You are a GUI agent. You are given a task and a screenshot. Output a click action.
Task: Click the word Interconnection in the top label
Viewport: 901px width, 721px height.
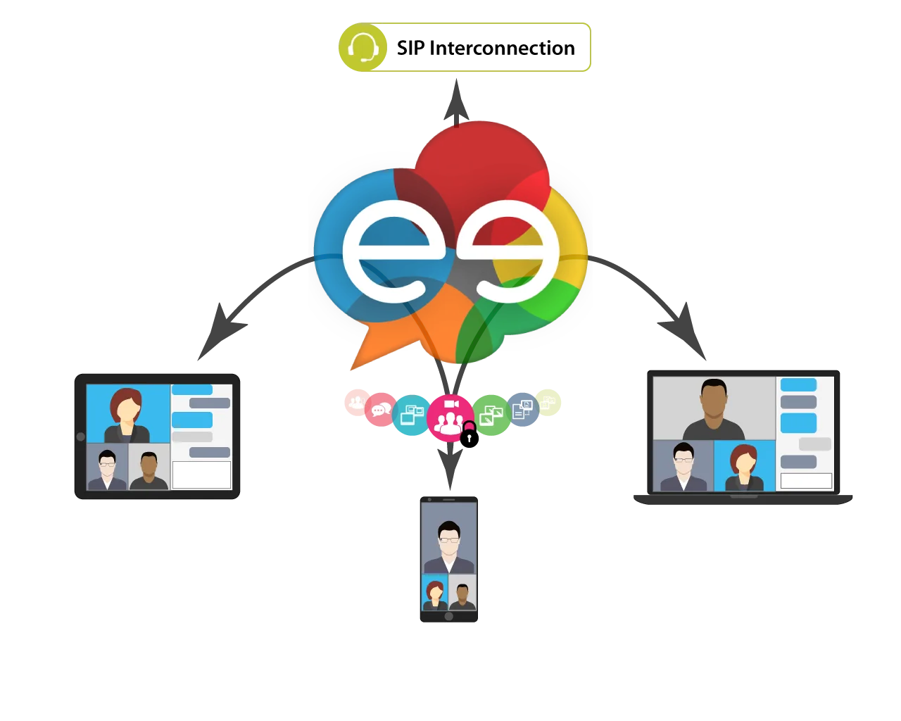point(502,48)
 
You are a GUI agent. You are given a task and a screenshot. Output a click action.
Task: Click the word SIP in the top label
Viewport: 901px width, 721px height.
point(410,48)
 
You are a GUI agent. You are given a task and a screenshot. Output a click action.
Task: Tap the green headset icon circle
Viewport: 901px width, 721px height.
point(363,47)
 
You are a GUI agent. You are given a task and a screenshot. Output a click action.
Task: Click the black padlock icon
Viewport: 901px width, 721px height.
point(469,434)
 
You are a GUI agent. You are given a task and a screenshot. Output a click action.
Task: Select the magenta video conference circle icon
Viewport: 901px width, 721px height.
point(450,418)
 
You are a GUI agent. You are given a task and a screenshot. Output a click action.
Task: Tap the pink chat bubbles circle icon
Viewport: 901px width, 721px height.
point(381,409)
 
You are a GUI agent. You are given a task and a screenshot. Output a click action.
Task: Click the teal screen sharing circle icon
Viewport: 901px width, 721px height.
point(411,415)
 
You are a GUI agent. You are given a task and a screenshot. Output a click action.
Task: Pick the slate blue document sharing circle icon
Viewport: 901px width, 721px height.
point(523,409)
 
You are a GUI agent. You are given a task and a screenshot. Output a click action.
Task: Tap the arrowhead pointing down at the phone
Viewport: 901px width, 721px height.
point(450,469)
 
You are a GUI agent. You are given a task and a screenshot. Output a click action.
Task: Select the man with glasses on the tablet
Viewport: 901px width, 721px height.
point(107,470)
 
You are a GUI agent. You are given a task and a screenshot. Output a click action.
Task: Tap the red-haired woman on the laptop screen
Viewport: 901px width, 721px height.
point(744,468)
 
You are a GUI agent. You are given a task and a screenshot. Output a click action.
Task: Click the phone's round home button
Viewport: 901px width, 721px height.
point(449,616)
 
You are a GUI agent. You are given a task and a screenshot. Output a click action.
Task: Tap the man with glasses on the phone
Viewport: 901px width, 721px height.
point(449,546)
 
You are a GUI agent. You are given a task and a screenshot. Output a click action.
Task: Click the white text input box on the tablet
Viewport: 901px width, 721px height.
point(201,475)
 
